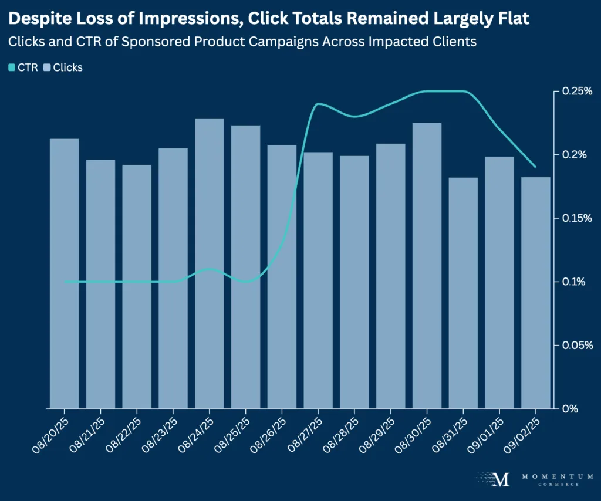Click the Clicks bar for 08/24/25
tap(210, 264)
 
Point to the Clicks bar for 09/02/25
tap(535, 293)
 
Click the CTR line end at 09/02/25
tap(535, 167)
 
